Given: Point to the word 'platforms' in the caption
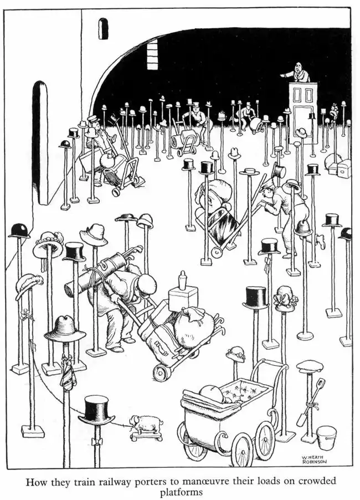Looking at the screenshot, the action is point(181,493).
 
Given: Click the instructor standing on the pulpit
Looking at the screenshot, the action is point(297,73).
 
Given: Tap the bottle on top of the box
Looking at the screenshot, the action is point(183,280).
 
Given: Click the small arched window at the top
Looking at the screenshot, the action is point(103,28).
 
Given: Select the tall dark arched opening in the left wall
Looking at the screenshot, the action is point(40,142).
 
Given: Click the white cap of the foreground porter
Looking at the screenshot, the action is point(147,284).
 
